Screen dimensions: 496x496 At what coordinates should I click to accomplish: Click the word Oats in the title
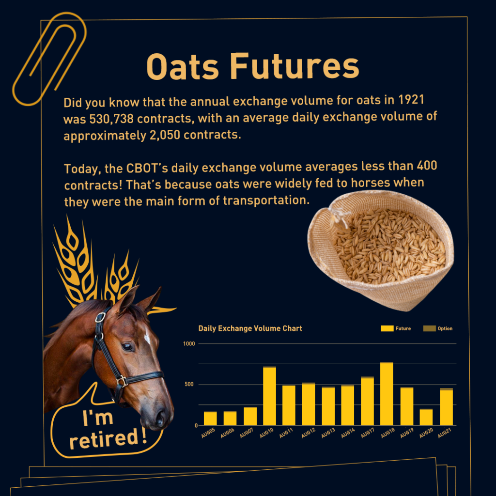[183, 67]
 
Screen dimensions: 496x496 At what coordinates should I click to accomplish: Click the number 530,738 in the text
[112, 119]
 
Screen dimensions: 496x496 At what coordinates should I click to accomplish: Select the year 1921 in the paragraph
[411, 100]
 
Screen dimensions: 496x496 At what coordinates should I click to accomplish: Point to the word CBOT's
[147, 168]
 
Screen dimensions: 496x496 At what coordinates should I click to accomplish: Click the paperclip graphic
[49, 59]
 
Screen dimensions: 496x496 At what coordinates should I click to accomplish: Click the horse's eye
[127, 347]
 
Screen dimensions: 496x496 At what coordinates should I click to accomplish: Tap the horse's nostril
[160, 419]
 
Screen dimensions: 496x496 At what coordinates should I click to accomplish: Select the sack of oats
[381, 250]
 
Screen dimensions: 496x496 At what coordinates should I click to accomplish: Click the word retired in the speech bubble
[104, 439]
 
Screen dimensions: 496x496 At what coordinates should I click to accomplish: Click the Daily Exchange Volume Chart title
[250, 328]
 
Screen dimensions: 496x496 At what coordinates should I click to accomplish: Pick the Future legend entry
[396, 328]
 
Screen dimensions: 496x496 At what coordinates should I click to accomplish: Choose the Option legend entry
[438, 328]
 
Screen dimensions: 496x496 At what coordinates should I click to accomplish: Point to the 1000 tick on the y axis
[189, 344]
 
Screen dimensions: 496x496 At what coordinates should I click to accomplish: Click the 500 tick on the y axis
[189, 384]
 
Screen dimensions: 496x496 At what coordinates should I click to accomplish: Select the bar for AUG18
[387, 393]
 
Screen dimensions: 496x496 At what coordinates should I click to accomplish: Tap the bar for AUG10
[269, 396]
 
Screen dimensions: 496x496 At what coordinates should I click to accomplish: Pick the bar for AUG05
[210, 418]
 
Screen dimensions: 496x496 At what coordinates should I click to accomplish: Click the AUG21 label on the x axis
[445, 433]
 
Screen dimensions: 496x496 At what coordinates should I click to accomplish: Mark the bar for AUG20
[426, 417]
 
